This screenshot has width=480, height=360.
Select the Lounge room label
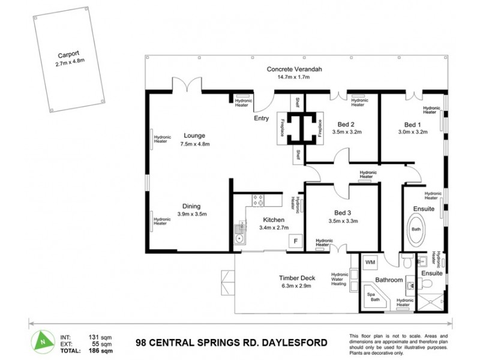(x=194, y=136)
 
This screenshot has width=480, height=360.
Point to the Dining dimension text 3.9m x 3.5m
(x=192, y=214)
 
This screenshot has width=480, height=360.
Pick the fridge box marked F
(x=295, y=241)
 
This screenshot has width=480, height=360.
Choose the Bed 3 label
(x=344, y=212)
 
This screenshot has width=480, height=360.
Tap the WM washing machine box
(x=369, y=262)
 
